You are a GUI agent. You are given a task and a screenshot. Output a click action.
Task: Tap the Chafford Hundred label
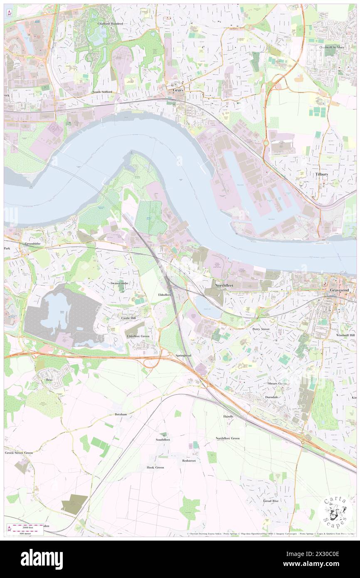click(x=110, y=24)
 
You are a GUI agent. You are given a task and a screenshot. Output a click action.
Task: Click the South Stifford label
click(x=102, y=91)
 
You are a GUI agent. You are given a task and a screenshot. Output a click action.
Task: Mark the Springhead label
click(x=183, y=356)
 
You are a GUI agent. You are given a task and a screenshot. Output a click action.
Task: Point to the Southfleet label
click(x=163, y=439)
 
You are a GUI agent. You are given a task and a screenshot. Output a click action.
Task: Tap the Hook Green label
click(x=155, y=467)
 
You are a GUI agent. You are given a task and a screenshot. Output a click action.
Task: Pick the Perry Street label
click(x=261, y=329)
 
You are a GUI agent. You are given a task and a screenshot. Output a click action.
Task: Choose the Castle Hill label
click(x=128, y=318)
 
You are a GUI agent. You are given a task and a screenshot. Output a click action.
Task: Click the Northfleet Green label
click(x=227, y=438)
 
